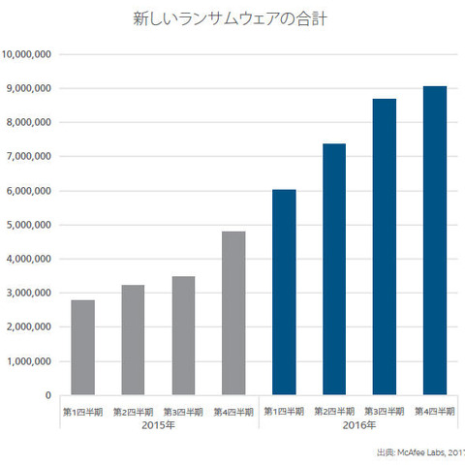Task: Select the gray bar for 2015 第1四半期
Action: (x=83, y=348)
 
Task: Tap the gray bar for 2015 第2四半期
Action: (x=134, y=340)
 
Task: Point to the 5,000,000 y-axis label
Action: (x=29, y=225)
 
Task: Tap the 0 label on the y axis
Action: (x=47, y=395)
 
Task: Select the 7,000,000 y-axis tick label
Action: (x=29, y=156)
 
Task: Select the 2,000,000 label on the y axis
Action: (x=29, y=327)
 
